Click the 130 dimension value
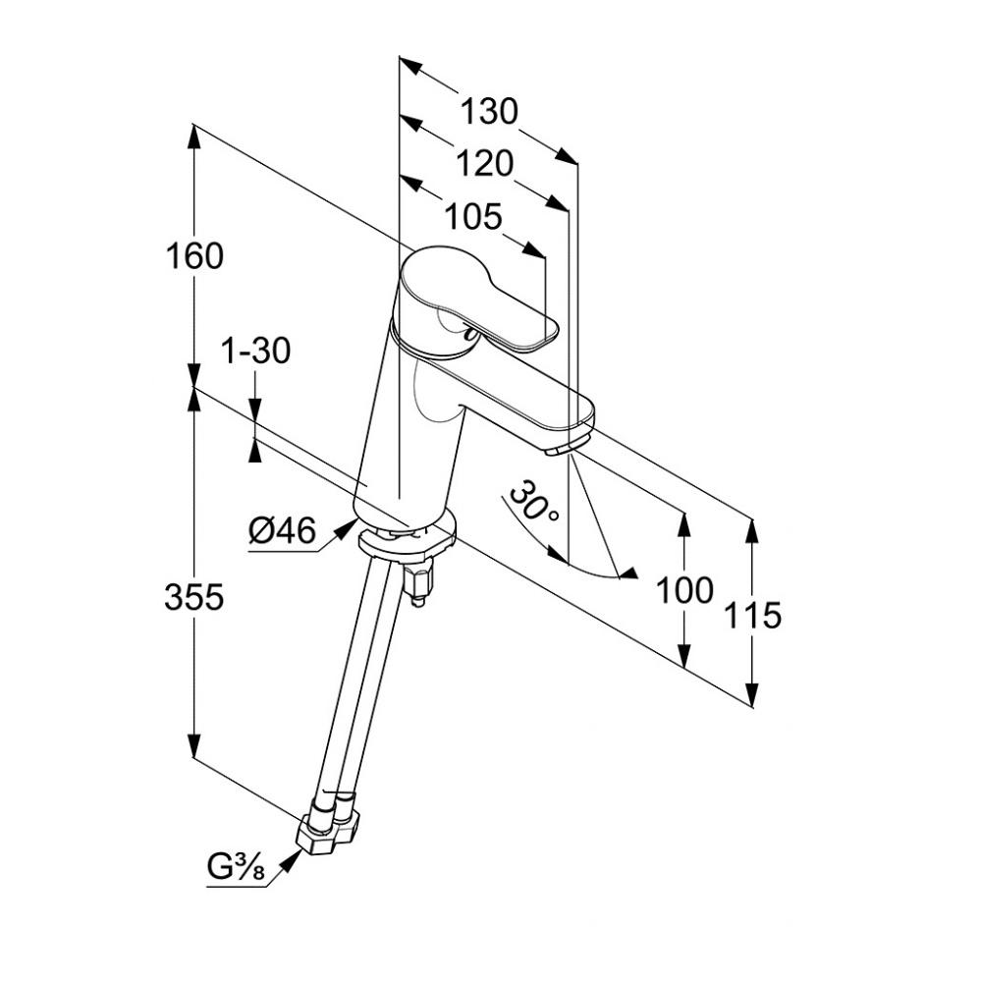(x=489, y=112)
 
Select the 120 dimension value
(x=484, y=164)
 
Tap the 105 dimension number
(x=472, y=216)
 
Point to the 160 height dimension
(x=194, y=255)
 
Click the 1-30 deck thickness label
(x=255, y=350)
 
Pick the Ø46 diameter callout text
(x=282, y=532)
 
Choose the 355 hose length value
(x=194, y=596)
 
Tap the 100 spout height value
(x=684, y=590)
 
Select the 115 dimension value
(x=752, y=615)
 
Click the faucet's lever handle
(x=475, y=299)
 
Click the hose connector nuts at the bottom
(x=328, y=826)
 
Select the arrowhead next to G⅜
(x=291, y=861)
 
